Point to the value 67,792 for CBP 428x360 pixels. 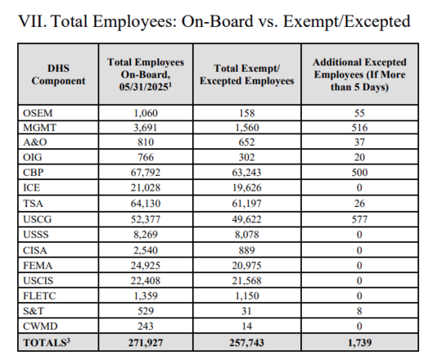(x=145, y=173)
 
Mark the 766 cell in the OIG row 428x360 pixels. (x=145, y=158)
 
